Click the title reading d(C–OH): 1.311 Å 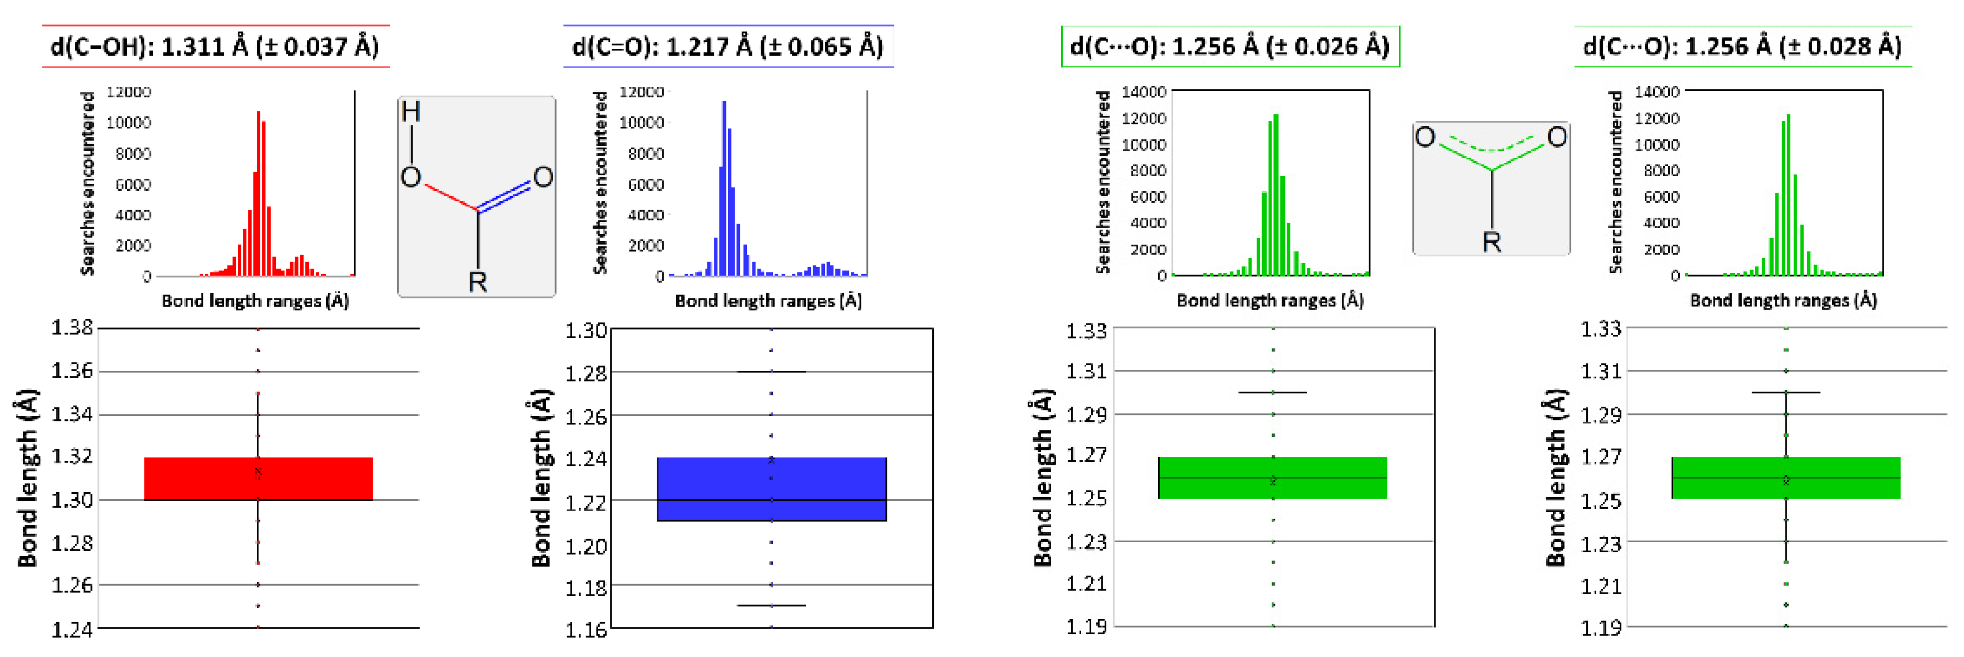215,46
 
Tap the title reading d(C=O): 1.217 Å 727,46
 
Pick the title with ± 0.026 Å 1230,46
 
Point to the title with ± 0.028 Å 1742,46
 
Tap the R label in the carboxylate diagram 1491,242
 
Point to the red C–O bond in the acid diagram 450,197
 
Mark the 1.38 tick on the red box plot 72,328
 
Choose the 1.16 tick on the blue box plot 586,629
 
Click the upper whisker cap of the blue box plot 771,372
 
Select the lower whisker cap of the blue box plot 771,605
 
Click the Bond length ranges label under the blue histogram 768,301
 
